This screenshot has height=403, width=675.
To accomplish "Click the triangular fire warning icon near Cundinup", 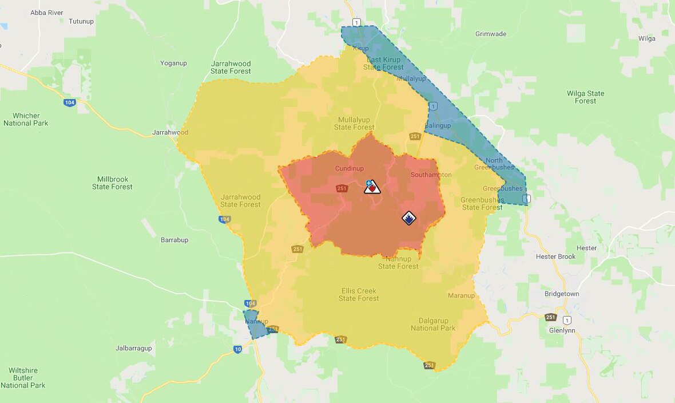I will [x=372, y=187].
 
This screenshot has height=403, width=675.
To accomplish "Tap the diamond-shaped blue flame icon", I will [x=408, y=218].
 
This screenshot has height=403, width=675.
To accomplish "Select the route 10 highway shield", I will [x=237, y=349].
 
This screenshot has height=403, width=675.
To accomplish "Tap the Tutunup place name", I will [x=81, y=21].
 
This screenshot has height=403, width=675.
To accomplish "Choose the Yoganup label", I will [x=174, y=63].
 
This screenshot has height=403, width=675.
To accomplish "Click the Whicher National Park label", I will [x=26, y=119].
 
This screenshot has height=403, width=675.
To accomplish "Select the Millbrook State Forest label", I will [x=112, y=183].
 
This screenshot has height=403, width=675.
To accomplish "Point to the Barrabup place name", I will [x=174, y=240].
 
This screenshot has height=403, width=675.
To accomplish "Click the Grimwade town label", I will [x=491, y=34].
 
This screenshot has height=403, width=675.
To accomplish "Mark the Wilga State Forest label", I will [x=585, y=97].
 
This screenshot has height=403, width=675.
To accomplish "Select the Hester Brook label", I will [x=555, y=256].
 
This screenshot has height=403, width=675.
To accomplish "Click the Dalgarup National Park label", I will [x=433, y=324].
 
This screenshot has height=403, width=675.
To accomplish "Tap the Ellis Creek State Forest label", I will [x=359, y=294].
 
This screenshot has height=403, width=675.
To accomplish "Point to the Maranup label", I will [x=461, y=295].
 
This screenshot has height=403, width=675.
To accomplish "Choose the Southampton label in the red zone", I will [x=431, y=175].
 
